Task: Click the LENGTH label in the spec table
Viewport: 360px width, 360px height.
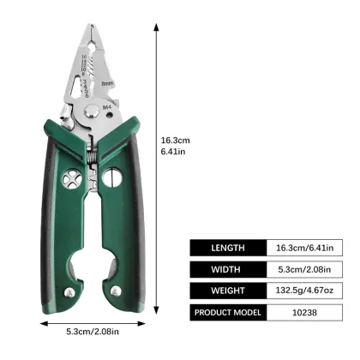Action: [x=228, y=248]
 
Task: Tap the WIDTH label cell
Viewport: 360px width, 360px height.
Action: [x=228, y=269]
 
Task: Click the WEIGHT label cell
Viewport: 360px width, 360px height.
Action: [x=228, y=291]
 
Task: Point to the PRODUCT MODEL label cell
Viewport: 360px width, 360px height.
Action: [x=228, y=312]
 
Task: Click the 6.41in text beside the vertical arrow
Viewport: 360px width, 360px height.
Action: [x=173, y=153]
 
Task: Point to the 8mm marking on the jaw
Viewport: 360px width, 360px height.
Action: [x=108, y=83]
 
